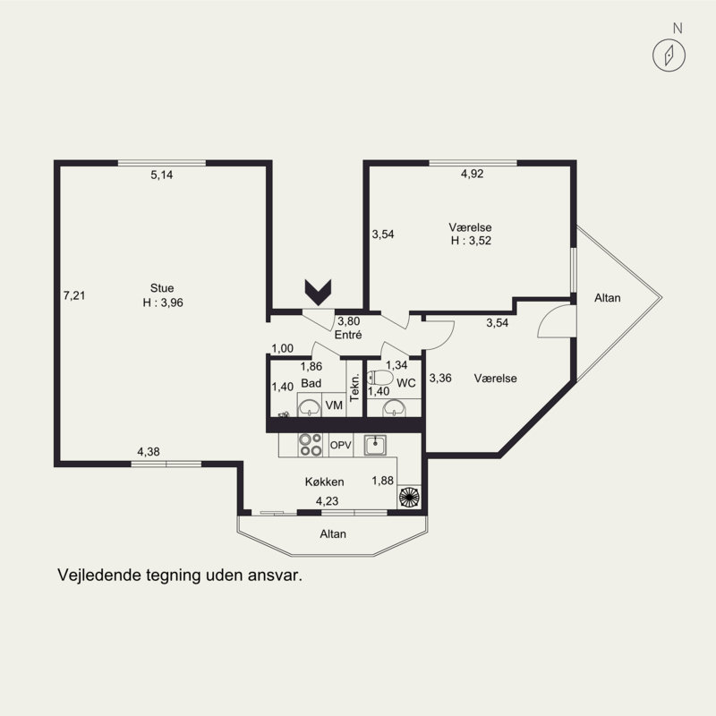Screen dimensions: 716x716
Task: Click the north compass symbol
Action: click(x=669, y=55)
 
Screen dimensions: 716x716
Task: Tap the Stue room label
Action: click(x=162, y=288)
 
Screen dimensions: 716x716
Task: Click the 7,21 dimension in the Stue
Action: click(x=74, y=295)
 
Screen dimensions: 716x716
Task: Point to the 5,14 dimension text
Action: click(x=162, y=175)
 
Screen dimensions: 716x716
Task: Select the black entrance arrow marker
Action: click(x=318, y=293)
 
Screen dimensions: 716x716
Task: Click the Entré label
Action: click(x=348, y=335)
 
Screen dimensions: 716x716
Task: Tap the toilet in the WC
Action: click(x=379, y=378)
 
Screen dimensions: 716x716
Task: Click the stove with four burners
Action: click(x=310, y=445)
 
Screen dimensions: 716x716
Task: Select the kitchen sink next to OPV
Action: click(x=375, y=445)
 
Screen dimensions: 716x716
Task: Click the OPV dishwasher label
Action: click(x=341, y=445)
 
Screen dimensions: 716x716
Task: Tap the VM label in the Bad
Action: click(x=334, y=405)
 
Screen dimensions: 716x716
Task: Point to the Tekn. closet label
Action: click(x=354, y=388)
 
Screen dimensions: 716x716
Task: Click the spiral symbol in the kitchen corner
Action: click(x=409, y=497)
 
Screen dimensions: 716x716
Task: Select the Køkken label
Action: click(x=324, y=482)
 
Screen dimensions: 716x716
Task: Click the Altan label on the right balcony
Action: click(x=608, y=298)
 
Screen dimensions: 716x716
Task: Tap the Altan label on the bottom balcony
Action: click(x=333, y=533)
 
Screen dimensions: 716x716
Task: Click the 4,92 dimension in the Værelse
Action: click(x=473, y=174)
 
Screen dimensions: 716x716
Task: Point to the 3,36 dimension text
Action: click(x=440, y=378)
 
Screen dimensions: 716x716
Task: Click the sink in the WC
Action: click(x=394, y=408)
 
